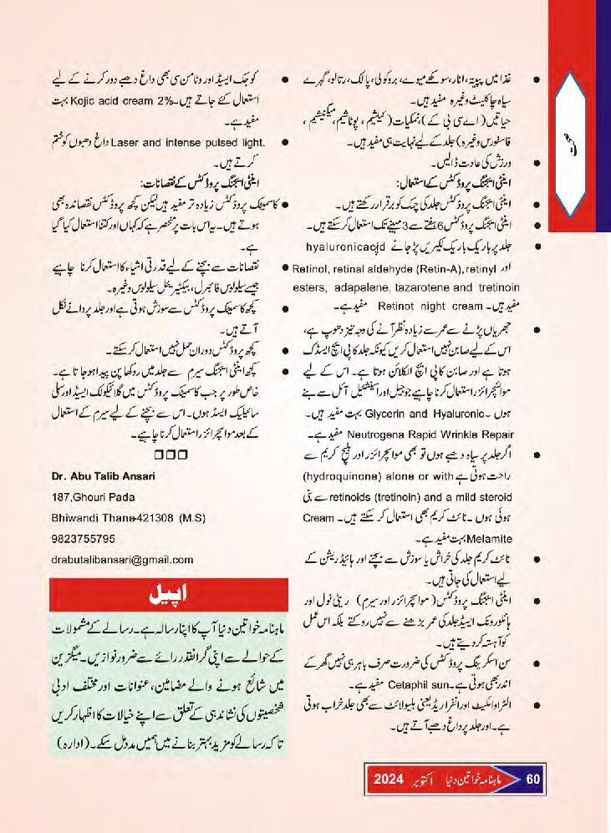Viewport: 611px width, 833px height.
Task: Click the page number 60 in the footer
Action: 535,780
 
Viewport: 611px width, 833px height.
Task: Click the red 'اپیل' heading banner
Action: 158,594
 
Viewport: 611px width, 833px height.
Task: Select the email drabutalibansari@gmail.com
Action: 122,559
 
